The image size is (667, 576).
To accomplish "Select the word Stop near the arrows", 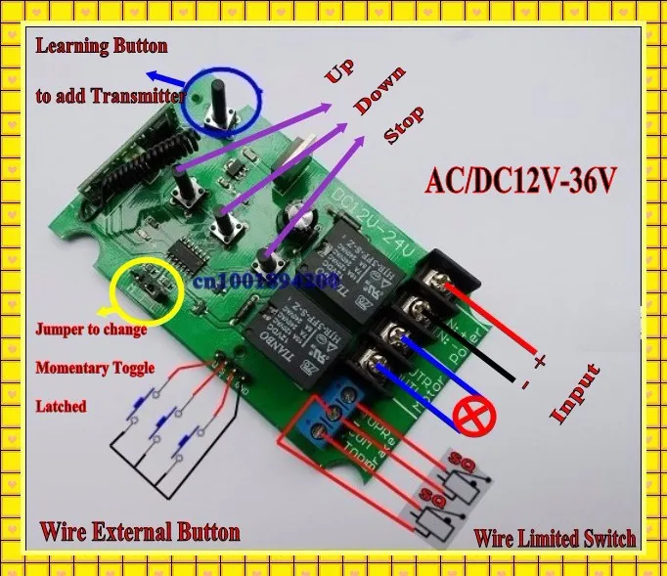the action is (404, 126).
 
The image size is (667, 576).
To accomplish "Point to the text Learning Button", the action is (102, 46).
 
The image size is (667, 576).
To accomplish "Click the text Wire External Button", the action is (139, 532).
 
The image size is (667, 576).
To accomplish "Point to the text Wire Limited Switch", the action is (555, 537).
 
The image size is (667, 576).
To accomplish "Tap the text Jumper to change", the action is (91, 330).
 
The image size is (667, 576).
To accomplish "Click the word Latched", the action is (62, 406).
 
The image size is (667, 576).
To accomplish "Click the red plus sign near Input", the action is (539, 362).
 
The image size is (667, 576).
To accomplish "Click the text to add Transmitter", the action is (110, 96).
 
